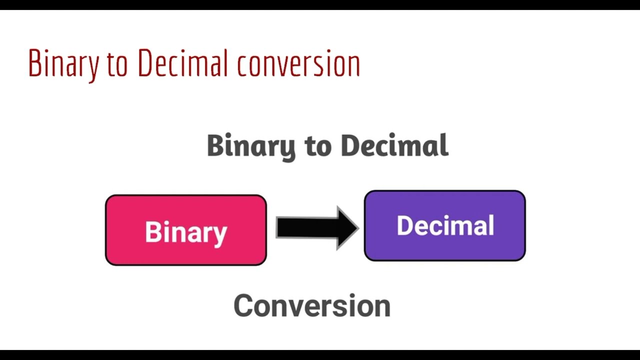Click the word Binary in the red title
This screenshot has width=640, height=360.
(x=63, y=64)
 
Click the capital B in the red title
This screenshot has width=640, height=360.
(x=34, y=63)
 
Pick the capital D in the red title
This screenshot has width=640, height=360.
(x=144, y=63)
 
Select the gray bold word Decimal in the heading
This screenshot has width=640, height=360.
(x=394, y=145)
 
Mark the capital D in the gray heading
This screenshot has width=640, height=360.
(x=349, y=145)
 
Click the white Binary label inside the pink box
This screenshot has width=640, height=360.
(x=186, y=232)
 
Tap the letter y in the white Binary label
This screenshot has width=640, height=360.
(x=220, y=235)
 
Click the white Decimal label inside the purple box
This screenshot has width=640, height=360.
(x=445, y=225)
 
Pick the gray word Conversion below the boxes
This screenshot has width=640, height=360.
(x=311, y=306)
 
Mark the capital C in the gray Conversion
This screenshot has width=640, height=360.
(x=243, y=306)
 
